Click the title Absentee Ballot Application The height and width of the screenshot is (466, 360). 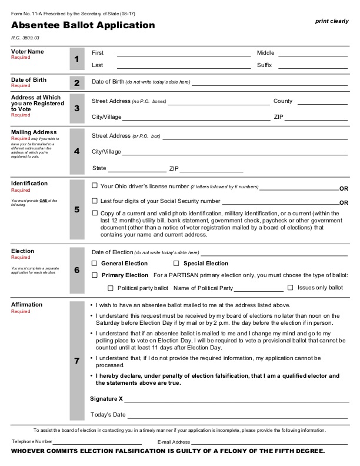click(x=83, y=25)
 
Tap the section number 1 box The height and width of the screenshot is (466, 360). click(x=76, y=59)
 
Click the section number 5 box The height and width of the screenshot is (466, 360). click(x=76, y=210)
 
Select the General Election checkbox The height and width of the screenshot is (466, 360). click(x=95, y=263)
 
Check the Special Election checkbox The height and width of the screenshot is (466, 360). click(x=176, y=263)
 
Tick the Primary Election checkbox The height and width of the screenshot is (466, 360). click(x=95, y=275)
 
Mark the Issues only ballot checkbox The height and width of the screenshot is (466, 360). click(x=291, y=288)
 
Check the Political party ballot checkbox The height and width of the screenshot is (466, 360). click(x=110, y=288)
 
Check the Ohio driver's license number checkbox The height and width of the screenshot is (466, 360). click(x=95, y=186)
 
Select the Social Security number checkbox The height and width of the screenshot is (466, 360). click(x=95, y=201)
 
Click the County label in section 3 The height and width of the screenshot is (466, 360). click(x=283, y=101)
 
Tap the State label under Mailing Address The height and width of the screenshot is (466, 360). click(x=99, y=168)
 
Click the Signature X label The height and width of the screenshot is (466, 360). click(x=106, y=398)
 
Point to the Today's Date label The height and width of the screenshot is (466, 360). click(x=108, y=415)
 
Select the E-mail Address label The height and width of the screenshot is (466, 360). click(x=174, y=441)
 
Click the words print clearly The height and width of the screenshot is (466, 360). click(x=332, y=21)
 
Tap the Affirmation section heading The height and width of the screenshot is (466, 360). click(x=27, y=305)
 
